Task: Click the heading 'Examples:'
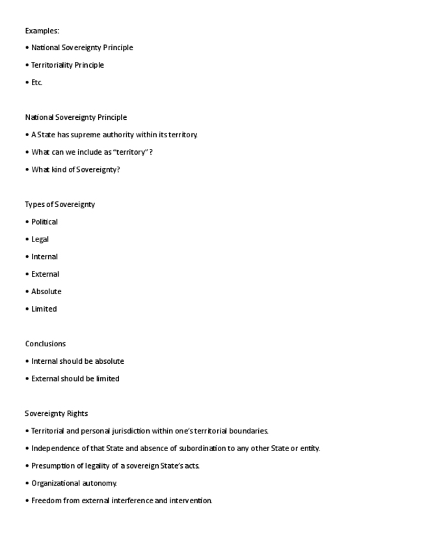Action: click(42, 31)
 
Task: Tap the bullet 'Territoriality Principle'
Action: click(68, 65)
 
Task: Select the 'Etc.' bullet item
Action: click(36, 83)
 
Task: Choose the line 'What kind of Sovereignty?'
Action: click(75, 170)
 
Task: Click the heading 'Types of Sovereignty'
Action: click(60, 204)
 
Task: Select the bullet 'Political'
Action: click(44, 222)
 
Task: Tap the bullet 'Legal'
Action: click(40, 240)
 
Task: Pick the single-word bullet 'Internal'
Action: click(44, 256)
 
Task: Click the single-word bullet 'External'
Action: click(45, 274)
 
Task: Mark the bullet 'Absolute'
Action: click(46, 292)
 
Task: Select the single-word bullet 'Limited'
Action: click(44, 309)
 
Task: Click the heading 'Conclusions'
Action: click(46, 344)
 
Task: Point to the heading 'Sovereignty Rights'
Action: click(57, 413)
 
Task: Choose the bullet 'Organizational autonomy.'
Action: click(74, 483)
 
